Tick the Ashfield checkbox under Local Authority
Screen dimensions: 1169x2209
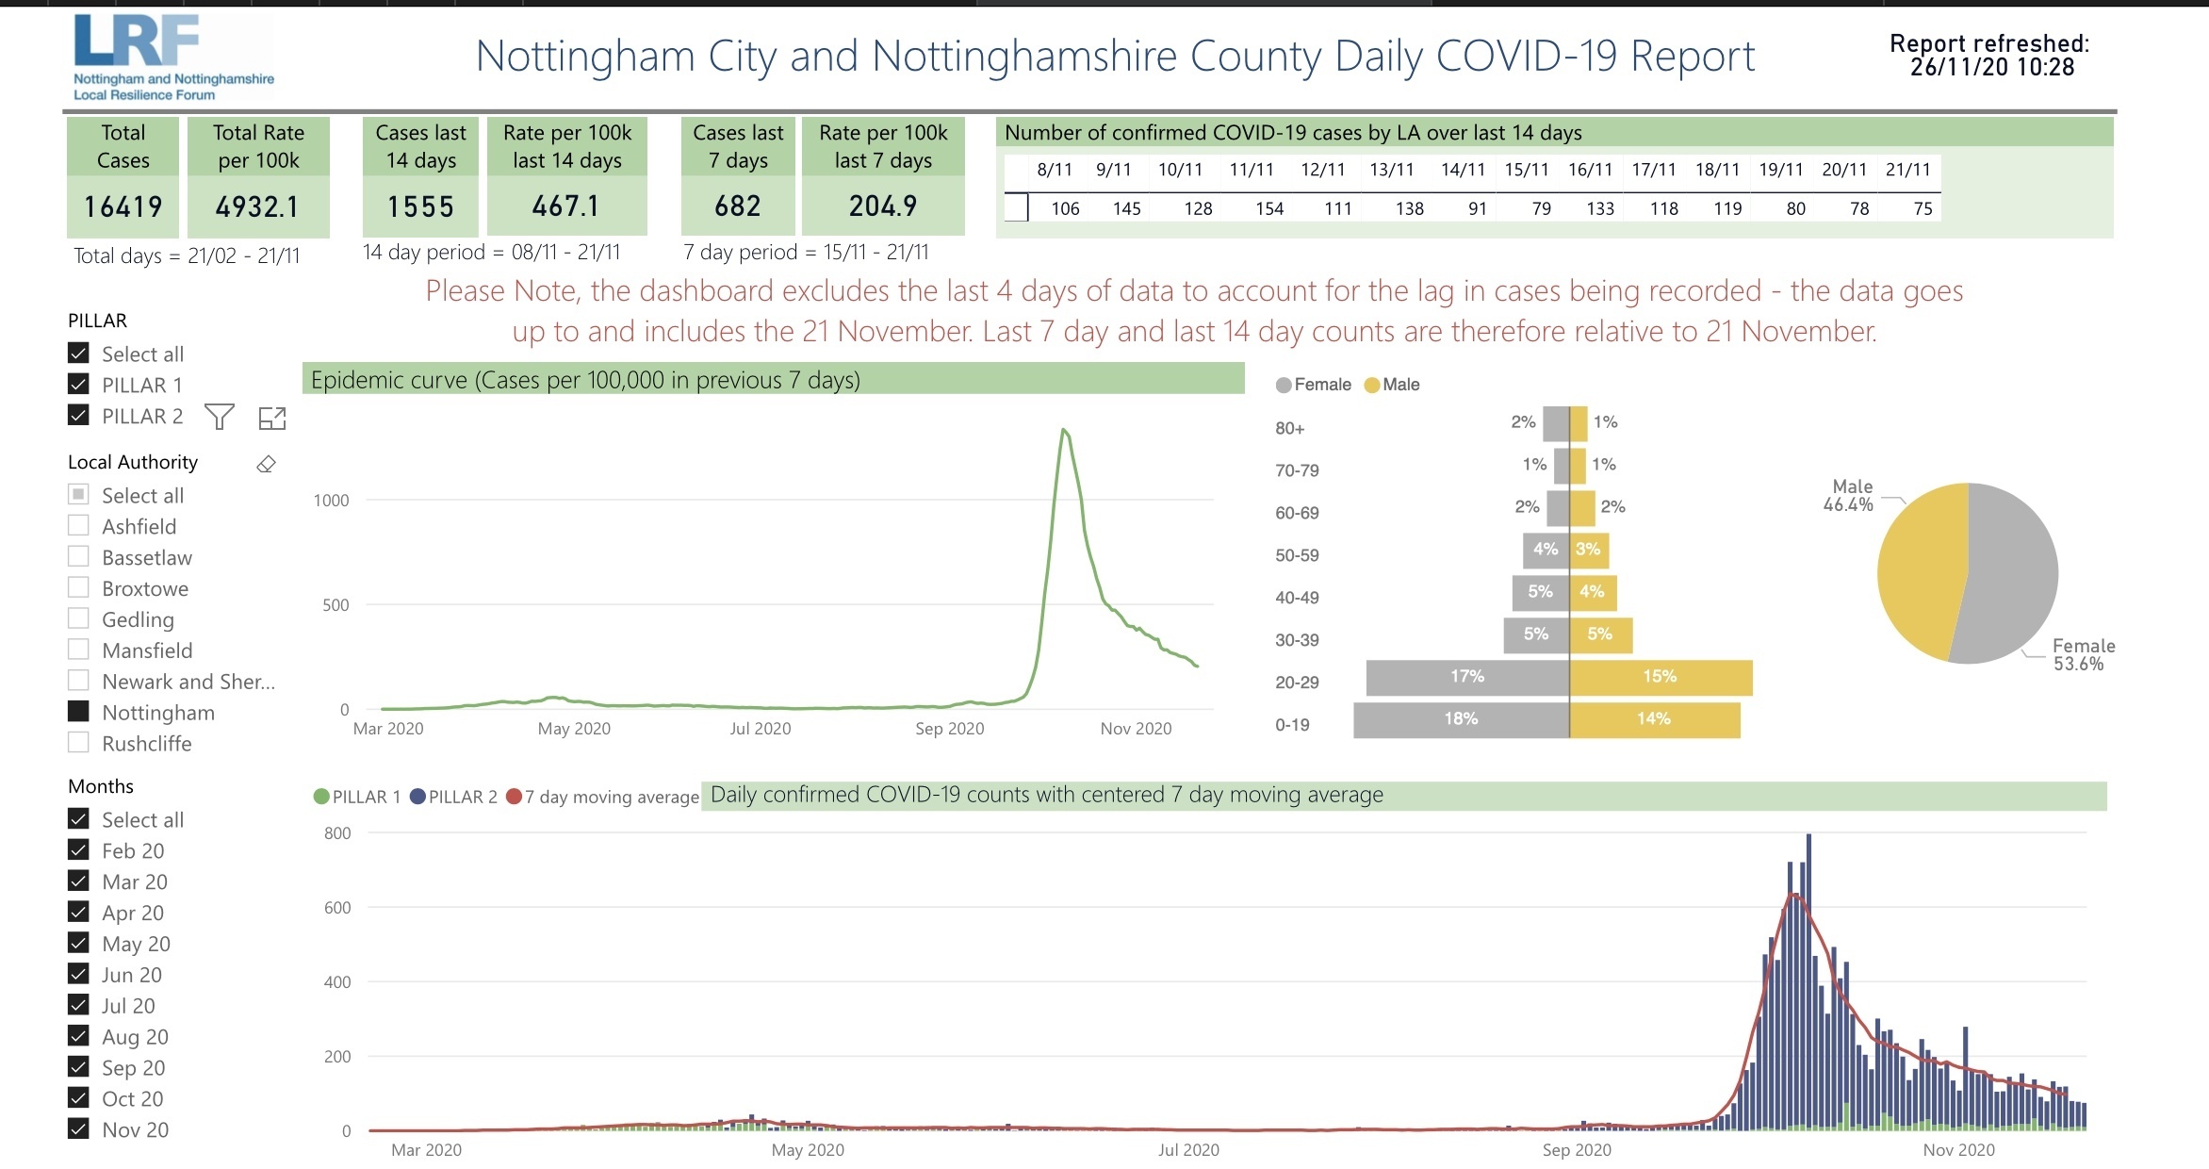pos(79,526)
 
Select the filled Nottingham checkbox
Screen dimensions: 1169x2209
pos(79,712)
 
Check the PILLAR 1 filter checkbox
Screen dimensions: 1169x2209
pos(79,385)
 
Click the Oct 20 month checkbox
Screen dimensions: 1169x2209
pos(79,1098)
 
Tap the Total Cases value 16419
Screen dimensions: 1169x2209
pos(123,206)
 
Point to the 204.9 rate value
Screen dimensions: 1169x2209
pos(882,206)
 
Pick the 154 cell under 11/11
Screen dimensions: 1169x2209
pos(1268,208)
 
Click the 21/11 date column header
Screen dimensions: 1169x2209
pos(1907,170)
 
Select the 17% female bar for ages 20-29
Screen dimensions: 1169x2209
pos(1466,677)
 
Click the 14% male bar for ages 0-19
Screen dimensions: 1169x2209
pos(1654,719)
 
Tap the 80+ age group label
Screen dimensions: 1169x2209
pos(1289,428)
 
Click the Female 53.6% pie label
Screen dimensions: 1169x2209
pos(2083,654)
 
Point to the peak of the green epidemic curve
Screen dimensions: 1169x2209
pos(1064,431)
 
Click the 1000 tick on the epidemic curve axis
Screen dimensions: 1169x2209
pos(331,501)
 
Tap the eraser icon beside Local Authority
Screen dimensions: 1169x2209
pos(267,464)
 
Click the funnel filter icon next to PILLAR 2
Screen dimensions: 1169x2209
pos(220,417)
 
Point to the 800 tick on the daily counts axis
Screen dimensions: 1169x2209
pos(337,833)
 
